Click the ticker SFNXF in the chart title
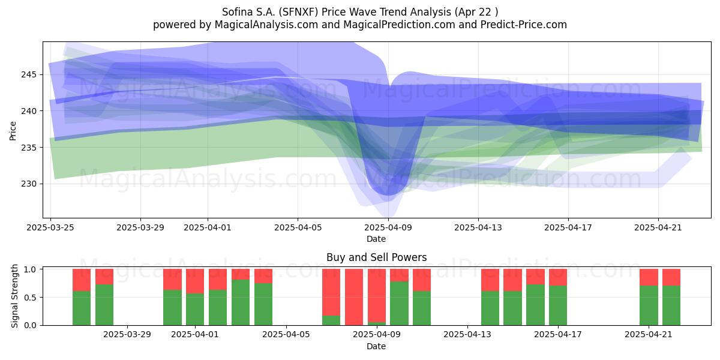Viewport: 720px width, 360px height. (x=298, y=12)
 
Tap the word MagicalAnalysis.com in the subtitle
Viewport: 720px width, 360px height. (x=266, y=25)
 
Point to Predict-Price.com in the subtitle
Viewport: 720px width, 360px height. (x=524, y=25)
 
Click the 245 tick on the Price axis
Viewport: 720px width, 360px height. (x=29, y=74)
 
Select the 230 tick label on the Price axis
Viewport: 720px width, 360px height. (x=29, y=184)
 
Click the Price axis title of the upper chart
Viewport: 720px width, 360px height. (x=13, y=131)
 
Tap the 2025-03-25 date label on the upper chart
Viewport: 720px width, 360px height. (x=50, y=227)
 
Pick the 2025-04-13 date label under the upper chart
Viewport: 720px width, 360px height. (x=478, y=227)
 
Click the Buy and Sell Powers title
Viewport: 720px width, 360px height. (x=376, y=257)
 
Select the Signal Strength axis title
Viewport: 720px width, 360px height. (x=14, y=296)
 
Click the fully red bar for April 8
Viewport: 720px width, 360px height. (x=354, y=297)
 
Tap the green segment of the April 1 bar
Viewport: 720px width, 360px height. (x=195, y=309)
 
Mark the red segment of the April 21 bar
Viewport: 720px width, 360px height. (x=649, y=277)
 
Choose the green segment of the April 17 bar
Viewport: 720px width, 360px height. (x=558, y=305)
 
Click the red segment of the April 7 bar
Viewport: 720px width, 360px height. (x=331, y=292)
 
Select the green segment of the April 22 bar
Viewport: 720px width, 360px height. (x=671, y=305)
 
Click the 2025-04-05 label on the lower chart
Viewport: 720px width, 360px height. (x=286, y=335)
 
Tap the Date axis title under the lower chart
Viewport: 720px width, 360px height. (x=376, y=346)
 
